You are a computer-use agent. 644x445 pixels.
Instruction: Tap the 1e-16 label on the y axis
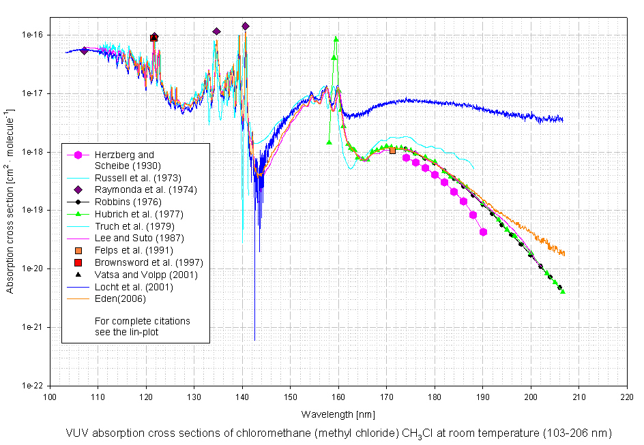(31, 35)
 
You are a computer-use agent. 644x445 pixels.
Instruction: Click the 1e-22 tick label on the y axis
(31, 386)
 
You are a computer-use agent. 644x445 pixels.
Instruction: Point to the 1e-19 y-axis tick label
(31, 211)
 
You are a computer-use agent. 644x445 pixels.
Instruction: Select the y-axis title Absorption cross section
(11, 201)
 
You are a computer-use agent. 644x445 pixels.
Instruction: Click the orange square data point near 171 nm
(392, 151)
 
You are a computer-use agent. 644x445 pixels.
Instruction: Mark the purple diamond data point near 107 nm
(84, 50)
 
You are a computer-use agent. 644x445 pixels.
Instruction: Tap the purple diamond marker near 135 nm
(216, 31)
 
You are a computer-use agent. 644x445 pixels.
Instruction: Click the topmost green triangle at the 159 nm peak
(336, 40)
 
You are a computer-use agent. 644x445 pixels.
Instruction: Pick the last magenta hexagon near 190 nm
(483, 232)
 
